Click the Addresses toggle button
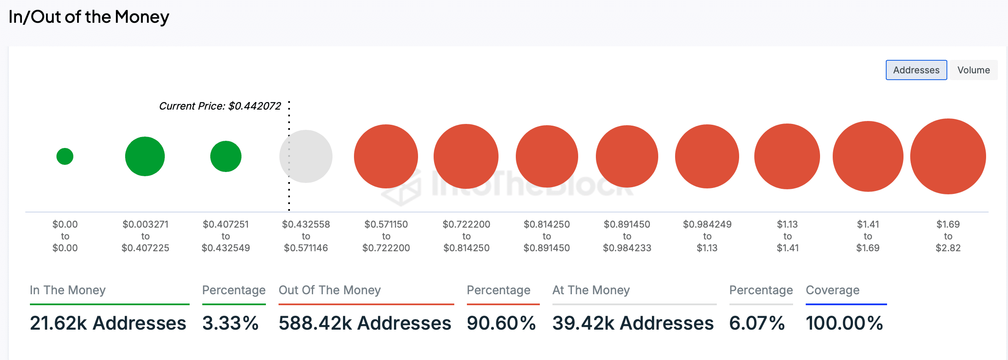point(916,70)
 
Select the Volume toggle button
point(973,70)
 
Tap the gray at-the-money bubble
point(306,156)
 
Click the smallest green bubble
point(65,156)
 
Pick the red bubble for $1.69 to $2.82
point(948,156)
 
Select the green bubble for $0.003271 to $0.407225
point(145,156)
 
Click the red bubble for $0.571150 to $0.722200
point(386,156)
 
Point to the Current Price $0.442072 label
point(220,106)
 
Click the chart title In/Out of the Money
point(89,17)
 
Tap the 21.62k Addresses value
point(108,323)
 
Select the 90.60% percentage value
point(501,323)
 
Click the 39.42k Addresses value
point(633,323)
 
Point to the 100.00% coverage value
point(844,323)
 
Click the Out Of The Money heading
point(330,290)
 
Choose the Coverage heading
point(832,290)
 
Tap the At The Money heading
point(591,290)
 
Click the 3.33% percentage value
point(230,323)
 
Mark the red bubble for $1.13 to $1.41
point(787,156)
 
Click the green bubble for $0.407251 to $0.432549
point(226,156)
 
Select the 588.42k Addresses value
point(365,323)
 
